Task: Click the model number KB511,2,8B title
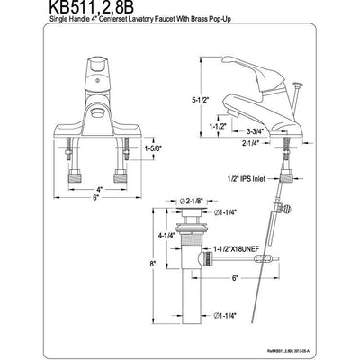coord(56,10)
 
